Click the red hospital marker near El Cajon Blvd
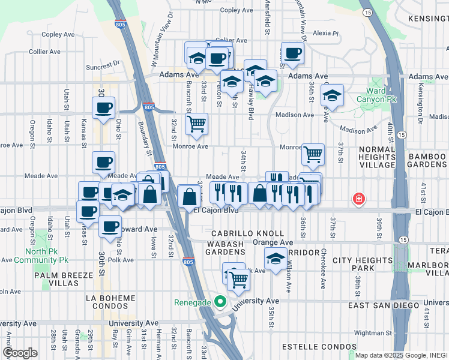coord(359,198)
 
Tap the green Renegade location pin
coord(220,301)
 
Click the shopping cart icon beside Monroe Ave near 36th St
coord(313,155)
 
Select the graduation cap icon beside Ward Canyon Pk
coord(332,95)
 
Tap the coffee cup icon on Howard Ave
coord(110,226)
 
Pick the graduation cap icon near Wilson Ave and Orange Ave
coord(276,259)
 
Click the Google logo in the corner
coord(20,353)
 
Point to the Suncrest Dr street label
coord(103,62)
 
